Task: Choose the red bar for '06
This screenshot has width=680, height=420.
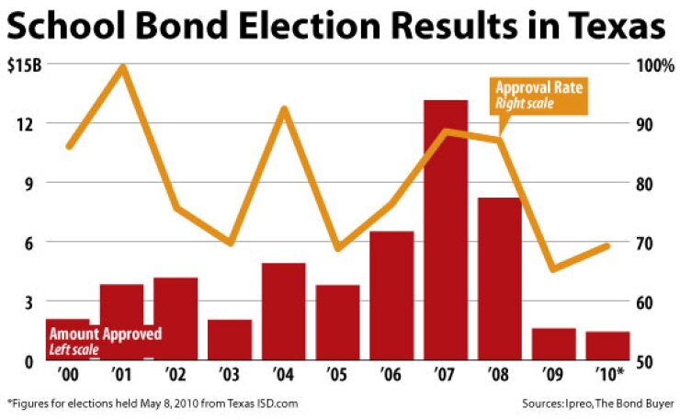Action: (391, 295)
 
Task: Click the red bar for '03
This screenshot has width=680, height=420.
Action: (230, 339)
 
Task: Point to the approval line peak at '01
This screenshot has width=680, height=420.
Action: (121, 67)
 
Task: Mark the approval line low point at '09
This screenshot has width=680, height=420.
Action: (553, 268)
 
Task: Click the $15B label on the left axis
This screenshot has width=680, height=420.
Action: (24, 66)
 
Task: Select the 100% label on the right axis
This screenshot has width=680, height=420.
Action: (653, 66)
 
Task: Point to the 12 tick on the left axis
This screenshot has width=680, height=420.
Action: (26, 124)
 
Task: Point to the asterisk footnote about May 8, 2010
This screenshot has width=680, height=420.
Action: (153, 403)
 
